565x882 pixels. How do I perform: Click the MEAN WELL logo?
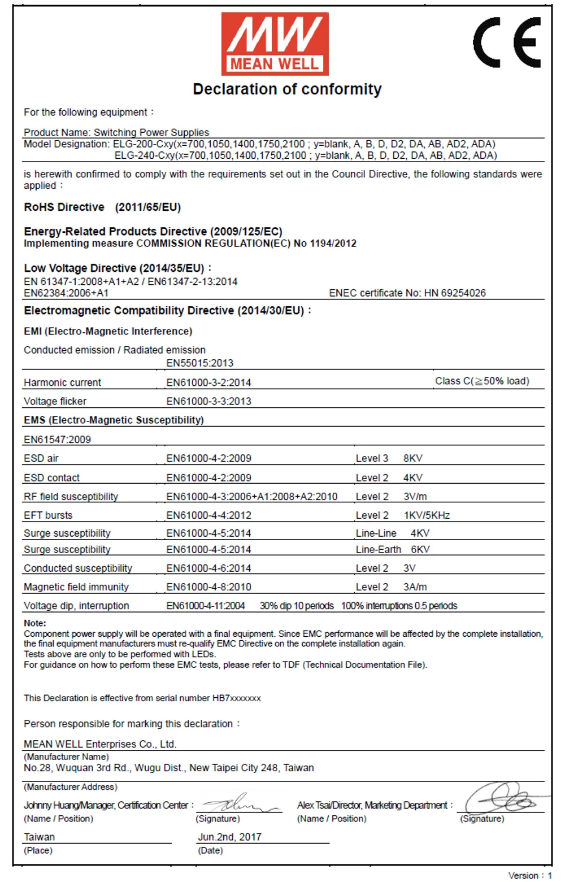click(275, 44)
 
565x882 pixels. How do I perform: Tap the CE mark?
click(507, 42)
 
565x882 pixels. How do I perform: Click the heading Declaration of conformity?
click(287, 89)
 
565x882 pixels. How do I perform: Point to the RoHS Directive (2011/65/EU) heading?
click(102, 207)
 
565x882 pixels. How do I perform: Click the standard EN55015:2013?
click(199, 363)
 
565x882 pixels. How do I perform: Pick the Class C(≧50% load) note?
click(482, 381)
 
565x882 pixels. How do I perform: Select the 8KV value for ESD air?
click(413, 458)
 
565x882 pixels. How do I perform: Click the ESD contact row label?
click(51, 477)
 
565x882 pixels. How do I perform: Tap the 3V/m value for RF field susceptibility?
click(415, 496)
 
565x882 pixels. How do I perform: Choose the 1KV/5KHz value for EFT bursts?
click(427, 515)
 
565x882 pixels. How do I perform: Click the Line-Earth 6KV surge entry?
click(393, 549)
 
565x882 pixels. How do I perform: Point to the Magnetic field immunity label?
click(76, 586)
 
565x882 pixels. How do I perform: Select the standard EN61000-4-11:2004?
click(206, 606)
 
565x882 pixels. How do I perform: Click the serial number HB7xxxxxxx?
click(237, 698)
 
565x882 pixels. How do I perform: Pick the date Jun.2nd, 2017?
click(229, 837)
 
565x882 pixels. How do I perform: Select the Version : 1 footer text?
click(530, 875)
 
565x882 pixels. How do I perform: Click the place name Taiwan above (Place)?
click(39, 837)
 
